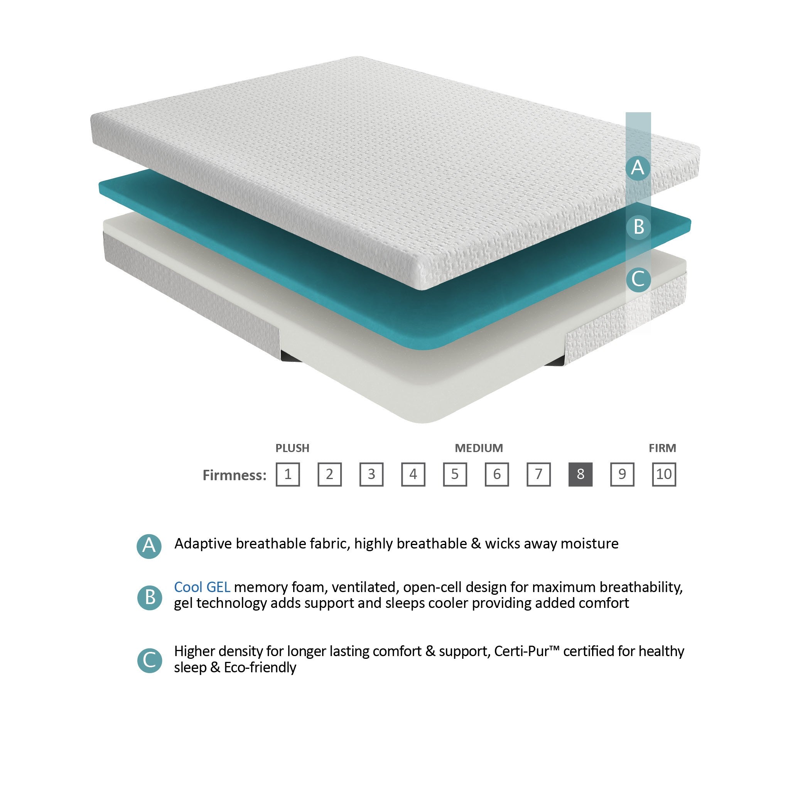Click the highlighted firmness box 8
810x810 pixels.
(x=580, y=474)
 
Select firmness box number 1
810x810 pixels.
(x=288, y=474)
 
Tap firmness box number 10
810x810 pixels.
(x=664, y=474)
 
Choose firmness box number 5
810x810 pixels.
(x=455, y=474)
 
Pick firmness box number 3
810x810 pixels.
(x=371, y=474)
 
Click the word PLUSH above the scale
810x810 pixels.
(x=292, y=448)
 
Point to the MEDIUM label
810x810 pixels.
(x=479, y=448)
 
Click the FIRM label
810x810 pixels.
(x=662, y=448)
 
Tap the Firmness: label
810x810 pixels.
(x=235, y=475)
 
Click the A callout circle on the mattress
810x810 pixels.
(x=638, y=168)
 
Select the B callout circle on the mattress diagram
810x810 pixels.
(x=638, y=227)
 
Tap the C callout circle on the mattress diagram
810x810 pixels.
(x=638, y=279)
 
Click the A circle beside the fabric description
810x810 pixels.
(x=149, y=546)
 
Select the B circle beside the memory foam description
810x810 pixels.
(x=150, y=597)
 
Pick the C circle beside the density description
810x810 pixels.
(x=150, y=660)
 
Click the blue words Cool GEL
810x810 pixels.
(x=202, y=587)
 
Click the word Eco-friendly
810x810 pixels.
(x=260, y=667)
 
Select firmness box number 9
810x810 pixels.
(x=622, y=474)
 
